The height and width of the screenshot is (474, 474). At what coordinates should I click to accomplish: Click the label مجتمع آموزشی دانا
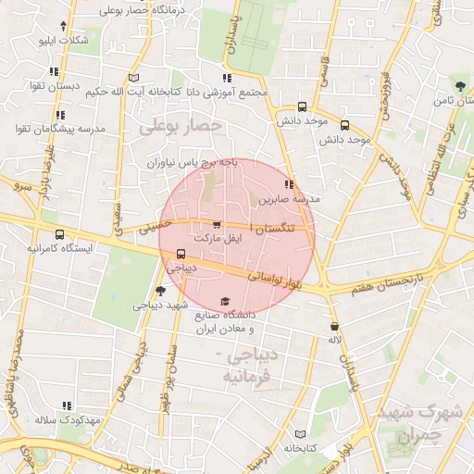click(x=228, y=93)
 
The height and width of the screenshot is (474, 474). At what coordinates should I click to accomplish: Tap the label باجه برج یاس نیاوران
click(x=195, y=163)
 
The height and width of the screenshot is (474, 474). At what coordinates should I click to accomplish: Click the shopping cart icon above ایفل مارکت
click(x=217, y=224)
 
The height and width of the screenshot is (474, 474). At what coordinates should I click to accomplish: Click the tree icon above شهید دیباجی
click(x=161, y=291)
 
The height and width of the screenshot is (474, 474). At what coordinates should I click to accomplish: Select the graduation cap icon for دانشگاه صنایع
click(x=224, y=302)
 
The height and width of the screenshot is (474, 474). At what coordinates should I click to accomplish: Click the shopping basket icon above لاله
click(x=333, y=326)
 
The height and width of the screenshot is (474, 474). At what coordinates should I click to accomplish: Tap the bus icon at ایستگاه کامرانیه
click(x=60, y=234)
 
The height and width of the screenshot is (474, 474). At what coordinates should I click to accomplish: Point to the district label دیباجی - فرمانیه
click(x=247, y=367)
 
